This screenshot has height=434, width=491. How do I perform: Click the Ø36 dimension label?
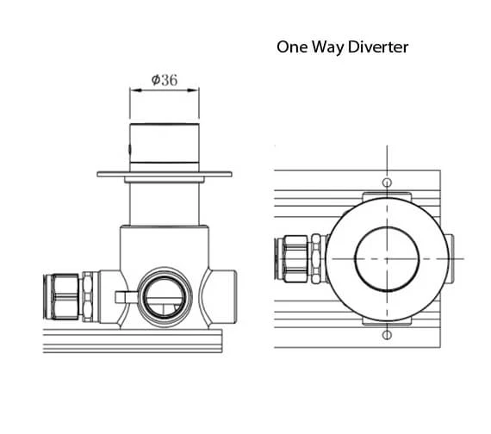coord(164,79)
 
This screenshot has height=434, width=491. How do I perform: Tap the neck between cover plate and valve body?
coord(164,205)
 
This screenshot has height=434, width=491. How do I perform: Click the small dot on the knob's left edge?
coord(130,155)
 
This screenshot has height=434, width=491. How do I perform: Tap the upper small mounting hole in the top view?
coord(387,183)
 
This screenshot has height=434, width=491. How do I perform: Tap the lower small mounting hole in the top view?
coord(387,335)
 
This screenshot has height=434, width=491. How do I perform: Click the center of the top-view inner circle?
coord(387,258)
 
